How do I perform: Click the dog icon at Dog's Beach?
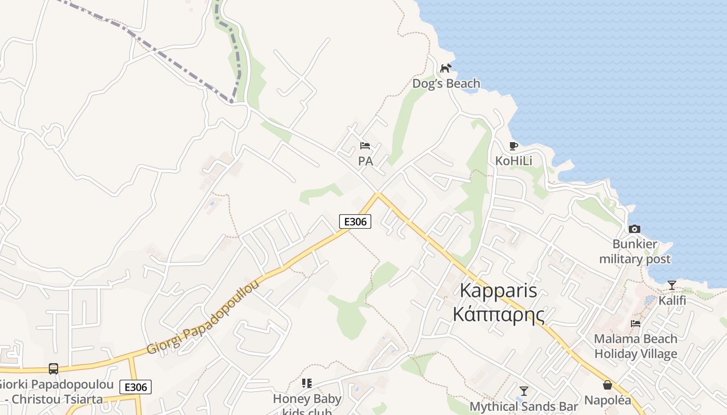446,68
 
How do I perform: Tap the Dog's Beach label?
446,84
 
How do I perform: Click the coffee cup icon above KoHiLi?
514,146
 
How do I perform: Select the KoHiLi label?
514,161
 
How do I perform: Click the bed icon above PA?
365,146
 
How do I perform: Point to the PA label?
366,161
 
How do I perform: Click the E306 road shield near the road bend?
355,222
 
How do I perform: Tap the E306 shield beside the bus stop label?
136,387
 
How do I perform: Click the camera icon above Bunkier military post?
634,229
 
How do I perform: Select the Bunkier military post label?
635,252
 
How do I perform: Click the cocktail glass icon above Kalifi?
672,285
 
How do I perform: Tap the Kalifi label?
672,300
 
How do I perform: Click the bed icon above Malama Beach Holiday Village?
635,324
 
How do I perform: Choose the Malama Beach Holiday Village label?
636,346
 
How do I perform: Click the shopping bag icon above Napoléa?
608,385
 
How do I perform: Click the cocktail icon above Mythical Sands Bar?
523,391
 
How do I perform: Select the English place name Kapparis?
499,291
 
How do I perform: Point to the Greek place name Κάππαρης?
499,314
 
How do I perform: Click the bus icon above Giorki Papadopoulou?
53,368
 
